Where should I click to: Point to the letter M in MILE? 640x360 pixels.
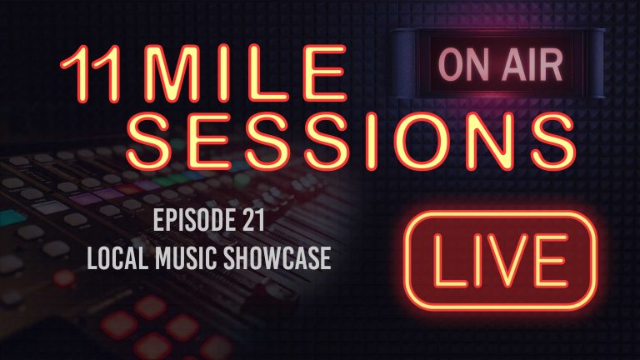pyautogui.click(x=179, y=74)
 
